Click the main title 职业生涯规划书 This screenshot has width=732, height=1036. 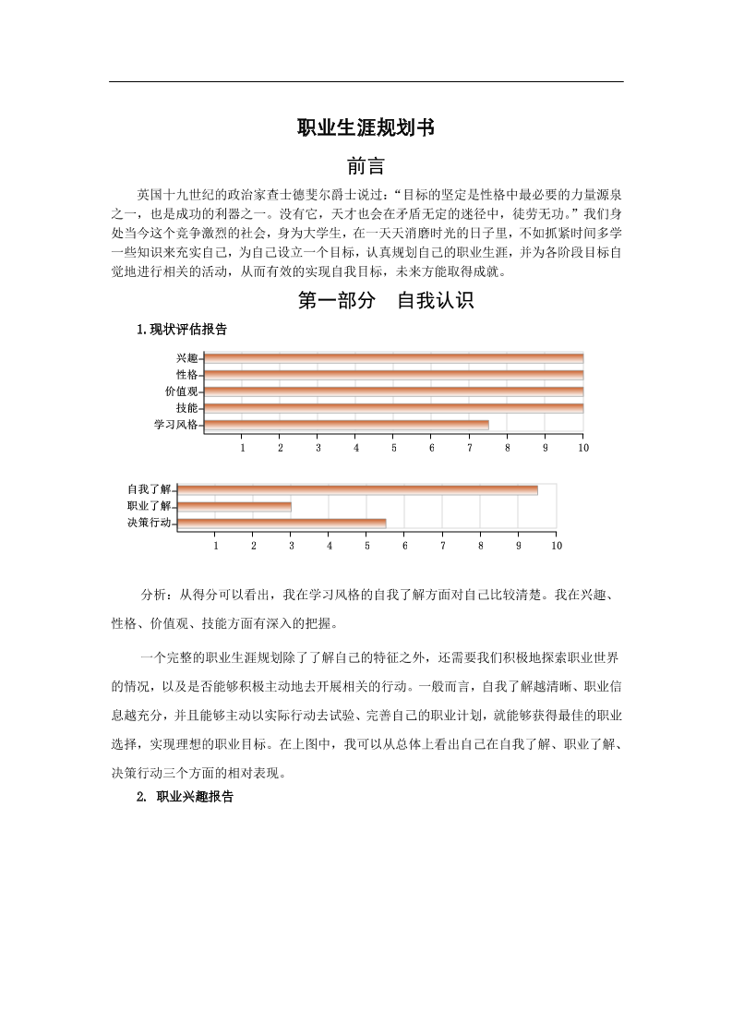[366, 128]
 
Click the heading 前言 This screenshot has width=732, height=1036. [366, 166]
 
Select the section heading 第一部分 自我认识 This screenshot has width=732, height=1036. [386, 301]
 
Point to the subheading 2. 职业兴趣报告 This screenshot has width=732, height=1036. [186, 796]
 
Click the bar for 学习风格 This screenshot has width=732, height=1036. [346, 425]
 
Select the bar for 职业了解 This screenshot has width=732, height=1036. [234, 506]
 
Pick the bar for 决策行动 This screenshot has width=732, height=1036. [282, 524]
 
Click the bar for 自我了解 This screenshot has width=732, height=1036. [357, 489]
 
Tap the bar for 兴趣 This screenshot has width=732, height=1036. [393, 358]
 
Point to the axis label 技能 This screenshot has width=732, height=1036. [186, 408]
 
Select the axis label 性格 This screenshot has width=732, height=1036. [186, 375]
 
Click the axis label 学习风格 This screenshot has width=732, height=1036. [175, 425]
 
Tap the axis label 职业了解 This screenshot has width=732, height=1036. [149, 506]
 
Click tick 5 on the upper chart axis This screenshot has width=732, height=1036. [394, 448]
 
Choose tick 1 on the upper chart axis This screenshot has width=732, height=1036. [243, 448]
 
